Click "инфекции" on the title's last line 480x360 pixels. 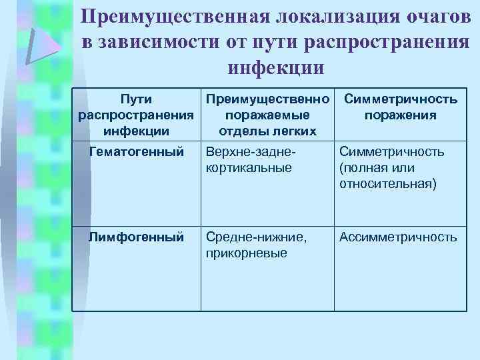coord(276,67)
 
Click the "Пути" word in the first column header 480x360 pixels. coord(137,99)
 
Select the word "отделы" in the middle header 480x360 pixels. coord(241,130)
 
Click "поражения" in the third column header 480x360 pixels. coord(400,115)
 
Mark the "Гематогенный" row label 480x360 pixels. coord(137,152)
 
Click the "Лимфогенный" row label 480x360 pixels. coord(137,237)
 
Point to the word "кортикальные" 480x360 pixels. coord(249,168)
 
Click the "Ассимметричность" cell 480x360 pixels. coord(398,237)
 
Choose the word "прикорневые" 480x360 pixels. coord(247,253)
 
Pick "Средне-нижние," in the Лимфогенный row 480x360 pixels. coord(257,237)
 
